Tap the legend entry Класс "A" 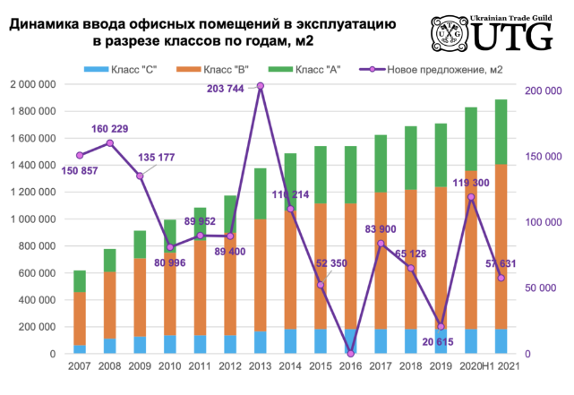[313, 70]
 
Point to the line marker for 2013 [260, 86]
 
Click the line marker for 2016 [350, 353]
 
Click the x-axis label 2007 [80, 366]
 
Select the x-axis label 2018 [410, 366]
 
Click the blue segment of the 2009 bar [140, 345]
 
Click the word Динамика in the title [47, 25]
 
